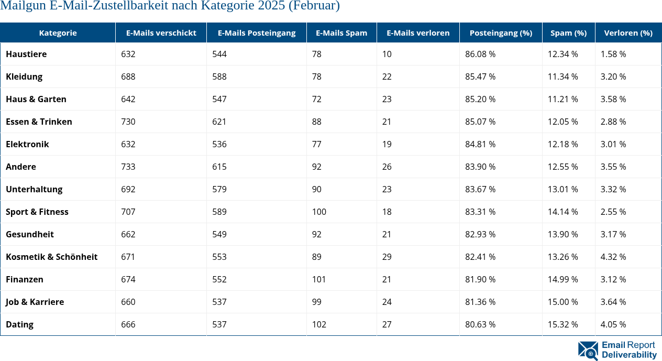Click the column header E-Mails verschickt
tap(161, 32)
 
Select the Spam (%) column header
tap(568, 32)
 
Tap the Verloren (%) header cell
tap(628, 32)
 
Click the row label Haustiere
tap(26, 54)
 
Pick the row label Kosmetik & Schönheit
tap(51, 257)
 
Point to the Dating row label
tap(19, 324)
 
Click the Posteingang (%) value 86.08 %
tap(480, 54)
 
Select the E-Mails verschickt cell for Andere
tap(128, 167)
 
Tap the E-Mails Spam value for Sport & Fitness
tap(319, 212)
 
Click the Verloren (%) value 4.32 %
tap(613, 257)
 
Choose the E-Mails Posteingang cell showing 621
tap(219, 122)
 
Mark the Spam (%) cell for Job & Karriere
tap(563, 302)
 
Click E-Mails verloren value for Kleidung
tap(387, 76)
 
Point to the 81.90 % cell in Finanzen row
tap(480, 279)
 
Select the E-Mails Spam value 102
tap(319, 324)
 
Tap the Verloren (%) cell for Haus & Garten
tap(613, 99)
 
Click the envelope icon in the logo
tap(588, 351)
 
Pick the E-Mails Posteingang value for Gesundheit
tap(219, 234)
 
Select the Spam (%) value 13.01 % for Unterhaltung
tap(563, 189)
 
